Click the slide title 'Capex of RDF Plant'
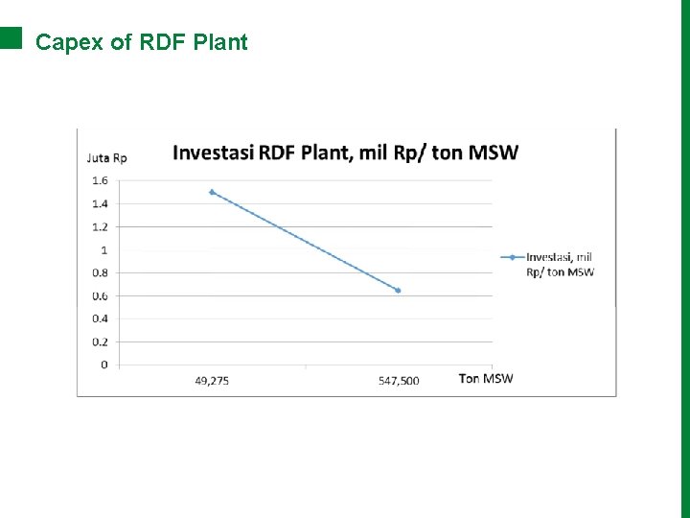pyautogui.click(x=142, y=42)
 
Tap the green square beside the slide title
pyautogui.click(x=11, y=37)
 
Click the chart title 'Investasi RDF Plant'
pyautogui.click(x=345, y=152)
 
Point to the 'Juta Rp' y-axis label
pyautogui.click(x=107, y=158)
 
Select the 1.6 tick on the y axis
pyautogui.click(x=100, y=180)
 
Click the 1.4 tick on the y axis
pyautogui.click(x=100, y=203)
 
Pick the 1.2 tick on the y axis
pyautogui.click(x=100, y=226)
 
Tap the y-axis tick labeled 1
pyautogui.click(x=103, y=249)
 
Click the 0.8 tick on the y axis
pyautogui.click(x=100, y=272)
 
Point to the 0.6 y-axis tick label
pyautogui.click(x=100, y=295)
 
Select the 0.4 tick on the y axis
pyautogui.click(x=100, y=318)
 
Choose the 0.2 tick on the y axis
pyautogui.click(x=100, y=341)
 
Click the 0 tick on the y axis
pyautogui.click(x=103, y=365)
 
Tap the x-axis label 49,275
pyautogui.click(x=212, y=381)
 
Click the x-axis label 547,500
pyautogui.click(x=399, y=381)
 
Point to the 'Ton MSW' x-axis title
pyautogui.click(x=486, y=378)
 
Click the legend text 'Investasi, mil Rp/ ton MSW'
pyautogui.click(x=560, y=264)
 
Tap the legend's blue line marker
pyautogui.click(x=513, y=257)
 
